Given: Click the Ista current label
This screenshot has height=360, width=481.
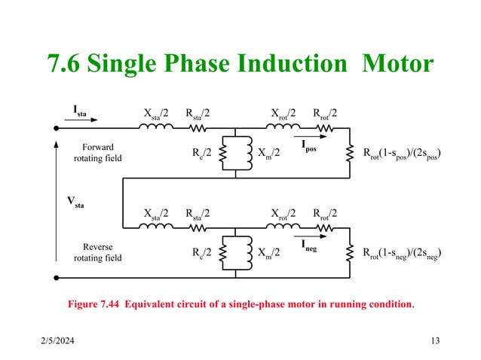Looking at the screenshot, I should [79, 111].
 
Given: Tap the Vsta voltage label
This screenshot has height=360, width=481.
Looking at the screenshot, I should [75, 202].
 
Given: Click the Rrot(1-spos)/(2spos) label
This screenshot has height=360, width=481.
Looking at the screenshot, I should [402, 154].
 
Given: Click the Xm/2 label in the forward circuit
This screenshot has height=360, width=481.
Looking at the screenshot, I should [268, 154].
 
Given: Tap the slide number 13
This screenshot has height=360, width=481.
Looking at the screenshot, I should [434, 342].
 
